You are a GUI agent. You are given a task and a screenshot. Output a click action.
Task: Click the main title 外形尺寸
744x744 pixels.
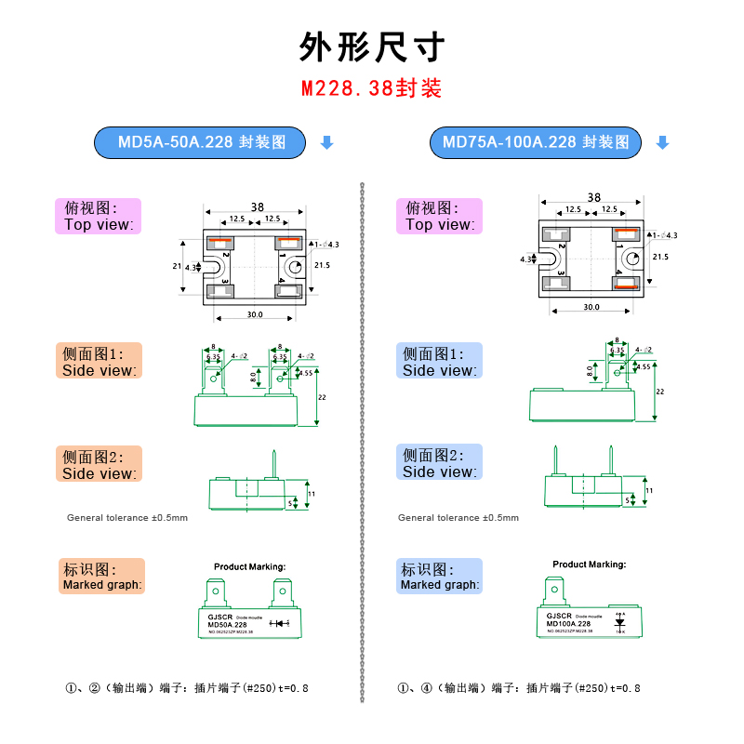coord(372,46)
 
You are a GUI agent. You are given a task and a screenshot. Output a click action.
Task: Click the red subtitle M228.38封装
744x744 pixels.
coord(371,88)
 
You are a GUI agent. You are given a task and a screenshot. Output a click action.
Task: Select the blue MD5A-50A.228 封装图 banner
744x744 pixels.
coord(201,142)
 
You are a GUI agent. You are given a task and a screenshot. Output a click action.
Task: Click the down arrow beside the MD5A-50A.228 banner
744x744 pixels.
coord(326,142)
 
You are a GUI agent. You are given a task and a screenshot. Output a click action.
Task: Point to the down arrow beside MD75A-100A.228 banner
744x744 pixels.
coord(662,142)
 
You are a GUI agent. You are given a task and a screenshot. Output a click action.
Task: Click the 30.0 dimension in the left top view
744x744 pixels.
coord(255,314)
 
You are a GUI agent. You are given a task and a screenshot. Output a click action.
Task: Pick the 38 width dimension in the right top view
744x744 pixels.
coord(594,197)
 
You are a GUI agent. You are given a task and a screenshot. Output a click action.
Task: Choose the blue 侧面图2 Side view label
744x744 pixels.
coord(440,463)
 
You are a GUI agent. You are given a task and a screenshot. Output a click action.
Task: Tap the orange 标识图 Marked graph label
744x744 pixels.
coord(102,577)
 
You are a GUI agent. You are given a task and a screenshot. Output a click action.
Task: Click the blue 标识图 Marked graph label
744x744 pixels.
coord(440,577)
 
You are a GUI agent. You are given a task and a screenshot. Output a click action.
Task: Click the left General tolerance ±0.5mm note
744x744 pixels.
coord(127,518)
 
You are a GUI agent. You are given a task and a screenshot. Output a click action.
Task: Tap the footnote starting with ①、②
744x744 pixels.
coord(186,688)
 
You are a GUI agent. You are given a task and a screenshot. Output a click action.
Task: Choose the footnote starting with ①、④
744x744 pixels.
coord(519,688)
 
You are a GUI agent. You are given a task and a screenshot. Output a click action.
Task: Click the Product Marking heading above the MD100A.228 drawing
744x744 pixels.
coord(590,565)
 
